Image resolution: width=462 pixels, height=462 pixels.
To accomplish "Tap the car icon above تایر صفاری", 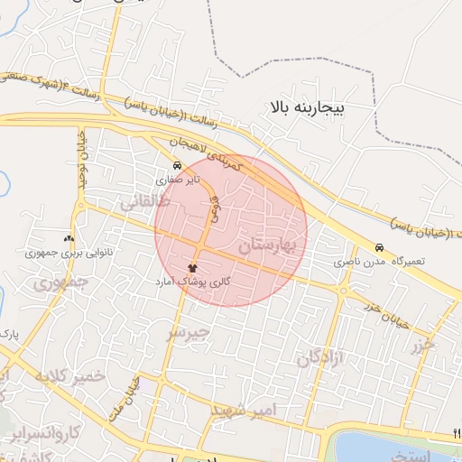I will tap(177, 166).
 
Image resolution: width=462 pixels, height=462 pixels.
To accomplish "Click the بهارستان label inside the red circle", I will tap(269, 245).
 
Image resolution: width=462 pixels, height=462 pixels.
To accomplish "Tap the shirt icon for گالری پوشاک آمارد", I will tap(192, 268).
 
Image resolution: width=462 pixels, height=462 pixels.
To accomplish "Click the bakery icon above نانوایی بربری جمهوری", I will tap(69, 239).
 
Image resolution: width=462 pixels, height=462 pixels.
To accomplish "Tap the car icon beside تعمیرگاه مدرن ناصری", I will tap(379, 247).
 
